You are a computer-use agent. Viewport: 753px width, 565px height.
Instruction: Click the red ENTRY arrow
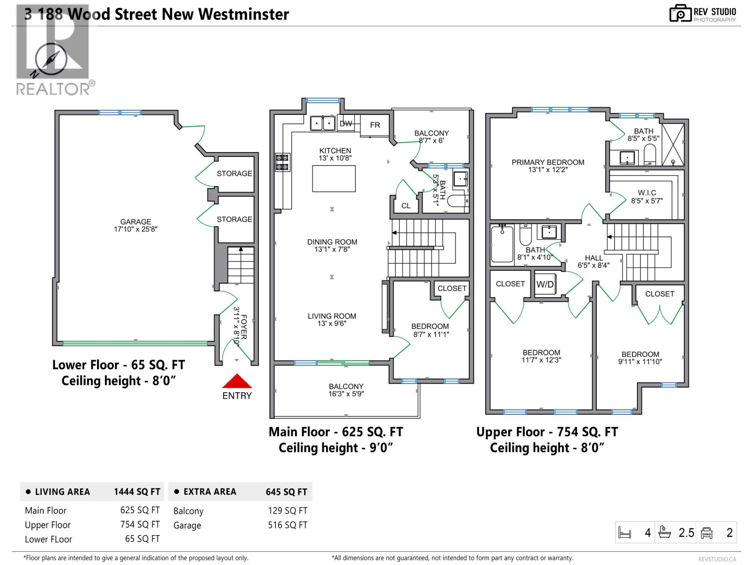point(237,381)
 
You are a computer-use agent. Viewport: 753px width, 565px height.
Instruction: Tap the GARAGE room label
point(136,225)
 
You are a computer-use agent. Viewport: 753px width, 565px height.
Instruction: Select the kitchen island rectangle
point(334,178)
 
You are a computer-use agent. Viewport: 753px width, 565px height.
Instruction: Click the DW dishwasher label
point(346,124)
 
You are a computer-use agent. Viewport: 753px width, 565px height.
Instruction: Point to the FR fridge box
point(375,125)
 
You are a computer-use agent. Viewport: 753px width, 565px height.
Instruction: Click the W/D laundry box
point(545,284)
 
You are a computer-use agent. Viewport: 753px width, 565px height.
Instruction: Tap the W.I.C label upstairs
point(647,196)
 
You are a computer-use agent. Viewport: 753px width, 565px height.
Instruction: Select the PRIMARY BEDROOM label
point(548,166)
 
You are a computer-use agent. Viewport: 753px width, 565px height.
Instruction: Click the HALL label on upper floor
point(593,261)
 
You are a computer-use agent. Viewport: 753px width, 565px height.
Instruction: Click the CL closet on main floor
point(406,206)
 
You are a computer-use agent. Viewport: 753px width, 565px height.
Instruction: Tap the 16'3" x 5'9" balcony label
point(346,390)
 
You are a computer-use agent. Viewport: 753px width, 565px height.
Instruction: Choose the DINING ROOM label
point(332,245)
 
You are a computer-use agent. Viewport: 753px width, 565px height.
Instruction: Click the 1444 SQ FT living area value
point(137,492)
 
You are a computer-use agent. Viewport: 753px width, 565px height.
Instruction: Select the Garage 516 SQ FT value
point(288,525)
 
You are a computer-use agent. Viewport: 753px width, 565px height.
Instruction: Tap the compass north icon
point(50,60)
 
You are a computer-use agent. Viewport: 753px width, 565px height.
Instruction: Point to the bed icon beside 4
point(625,533)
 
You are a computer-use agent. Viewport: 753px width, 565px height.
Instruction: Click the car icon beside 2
point(706,533)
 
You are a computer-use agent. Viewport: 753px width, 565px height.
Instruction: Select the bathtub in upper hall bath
point(502,244)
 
